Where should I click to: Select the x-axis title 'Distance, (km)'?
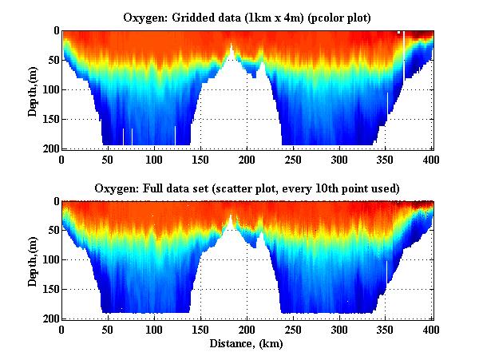coord(247,344)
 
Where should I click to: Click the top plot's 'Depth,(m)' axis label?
coord(34,89)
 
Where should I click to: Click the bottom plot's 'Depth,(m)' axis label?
coord(34,259)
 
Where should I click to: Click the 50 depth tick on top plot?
coord(53,61)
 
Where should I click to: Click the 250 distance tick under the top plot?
coord(294,159)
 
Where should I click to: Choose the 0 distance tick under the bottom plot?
coord(62,329)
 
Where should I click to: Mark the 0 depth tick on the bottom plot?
coord(55,202)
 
